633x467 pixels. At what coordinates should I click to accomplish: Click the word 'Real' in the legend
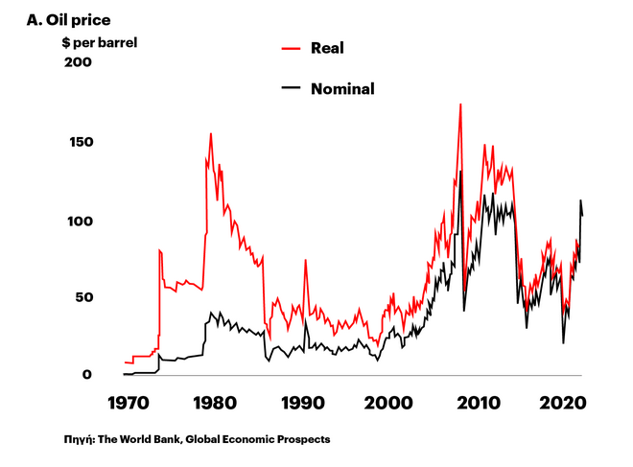click(327, 47)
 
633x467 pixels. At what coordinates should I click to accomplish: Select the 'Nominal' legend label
click(342, 89)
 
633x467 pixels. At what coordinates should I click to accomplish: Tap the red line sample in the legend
click(292, 47)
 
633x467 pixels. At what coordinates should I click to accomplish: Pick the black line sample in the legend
click(292, 89)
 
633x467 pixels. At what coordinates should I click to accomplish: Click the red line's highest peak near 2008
click(460, 105)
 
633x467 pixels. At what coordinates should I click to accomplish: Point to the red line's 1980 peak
click(211, 134)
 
